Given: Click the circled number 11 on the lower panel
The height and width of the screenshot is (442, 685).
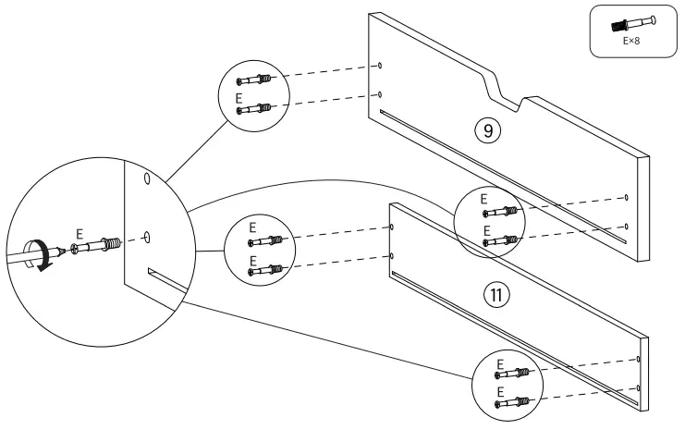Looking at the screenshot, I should click(x=496, y=296).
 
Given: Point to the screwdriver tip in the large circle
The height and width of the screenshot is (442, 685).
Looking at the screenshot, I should click(x=61, y=250).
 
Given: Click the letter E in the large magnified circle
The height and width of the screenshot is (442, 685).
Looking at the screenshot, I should click(x=80, y=235).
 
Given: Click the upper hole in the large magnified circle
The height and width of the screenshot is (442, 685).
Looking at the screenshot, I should click(x=144, y=178).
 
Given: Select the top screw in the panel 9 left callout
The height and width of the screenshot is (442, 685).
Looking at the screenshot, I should click(x=252, y=80).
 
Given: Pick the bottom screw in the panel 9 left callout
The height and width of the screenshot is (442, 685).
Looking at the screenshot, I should click(x=252, y=109).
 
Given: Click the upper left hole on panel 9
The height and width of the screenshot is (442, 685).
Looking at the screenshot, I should click(x=380, y=66).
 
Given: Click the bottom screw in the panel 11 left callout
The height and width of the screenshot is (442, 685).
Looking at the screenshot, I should click(x=263, y=270).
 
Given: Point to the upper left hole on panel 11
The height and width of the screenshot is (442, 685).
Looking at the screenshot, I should click(x=392, y=226).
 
